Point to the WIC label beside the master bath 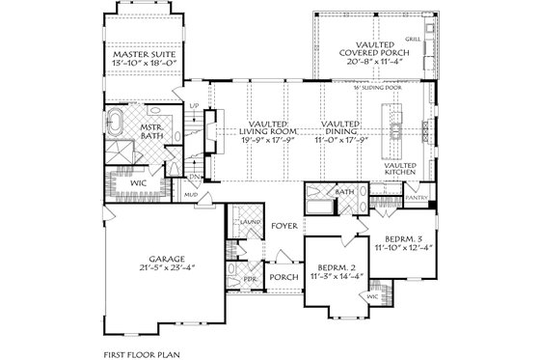click(138, 180)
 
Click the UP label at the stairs click(194, 104)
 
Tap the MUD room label click(192, 194)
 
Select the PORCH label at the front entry click(284, 277)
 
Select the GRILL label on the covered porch click(413, 40)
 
